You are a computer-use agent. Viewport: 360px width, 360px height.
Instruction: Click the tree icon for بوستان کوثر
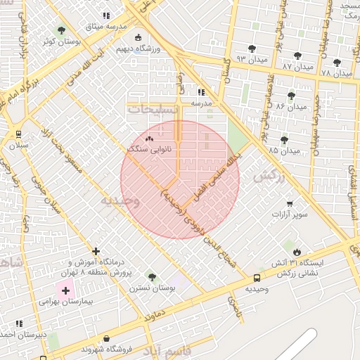pos(61,31)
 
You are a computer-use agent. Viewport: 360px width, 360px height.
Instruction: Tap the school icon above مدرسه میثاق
pos(106,15)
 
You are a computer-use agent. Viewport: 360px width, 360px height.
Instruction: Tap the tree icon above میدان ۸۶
pos(290,96)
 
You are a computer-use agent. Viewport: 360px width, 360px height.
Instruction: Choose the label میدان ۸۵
pos(283,150)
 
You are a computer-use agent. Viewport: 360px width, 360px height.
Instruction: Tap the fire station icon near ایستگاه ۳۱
pos(297,251)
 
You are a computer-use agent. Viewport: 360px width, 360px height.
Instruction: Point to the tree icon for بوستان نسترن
pos(152,277)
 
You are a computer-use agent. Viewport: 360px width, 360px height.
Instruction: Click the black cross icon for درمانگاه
pos(96,251)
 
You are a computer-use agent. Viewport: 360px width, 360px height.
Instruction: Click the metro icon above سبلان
pos(18,134)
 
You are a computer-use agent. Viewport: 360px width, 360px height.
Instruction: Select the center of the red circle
pos(180,180)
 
